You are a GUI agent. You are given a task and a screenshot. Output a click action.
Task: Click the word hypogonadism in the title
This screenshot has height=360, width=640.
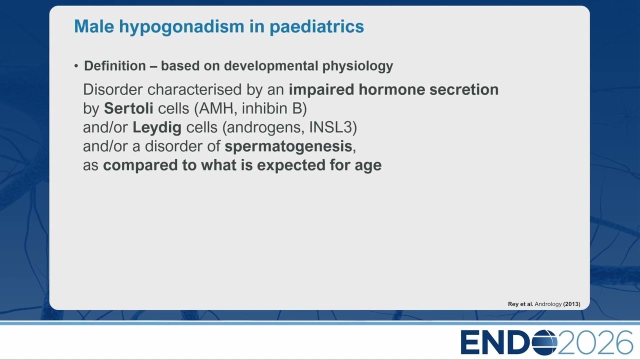coord(181,27)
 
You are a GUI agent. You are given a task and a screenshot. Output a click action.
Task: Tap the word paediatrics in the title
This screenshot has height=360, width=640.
coord(316,26)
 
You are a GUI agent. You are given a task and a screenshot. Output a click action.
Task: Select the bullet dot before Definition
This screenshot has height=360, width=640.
coord(76,66)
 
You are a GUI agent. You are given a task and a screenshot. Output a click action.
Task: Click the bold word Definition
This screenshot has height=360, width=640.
coord(115,65)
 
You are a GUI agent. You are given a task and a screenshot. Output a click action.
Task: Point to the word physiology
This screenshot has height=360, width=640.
coord(357,66)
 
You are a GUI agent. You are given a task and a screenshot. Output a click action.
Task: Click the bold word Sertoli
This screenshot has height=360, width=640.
coord(128,108)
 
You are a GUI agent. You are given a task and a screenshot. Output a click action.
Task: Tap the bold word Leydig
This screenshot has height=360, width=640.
coord(157,127)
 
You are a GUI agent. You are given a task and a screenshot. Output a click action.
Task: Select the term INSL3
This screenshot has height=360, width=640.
coord(331,127)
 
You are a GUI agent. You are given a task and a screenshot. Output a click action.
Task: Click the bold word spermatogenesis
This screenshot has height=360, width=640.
coord(288,147)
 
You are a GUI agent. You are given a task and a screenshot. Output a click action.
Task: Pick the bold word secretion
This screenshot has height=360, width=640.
coord(464,89)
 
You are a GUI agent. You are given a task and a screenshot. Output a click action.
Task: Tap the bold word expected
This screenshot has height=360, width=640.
coord(291,165)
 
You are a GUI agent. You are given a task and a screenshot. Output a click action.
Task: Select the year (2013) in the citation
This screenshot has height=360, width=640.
coord(571,304)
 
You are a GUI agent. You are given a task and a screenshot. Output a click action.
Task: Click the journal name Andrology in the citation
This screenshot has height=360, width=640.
coord(548,304)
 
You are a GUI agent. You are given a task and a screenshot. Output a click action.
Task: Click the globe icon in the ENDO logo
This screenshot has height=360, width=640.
coord(544,342)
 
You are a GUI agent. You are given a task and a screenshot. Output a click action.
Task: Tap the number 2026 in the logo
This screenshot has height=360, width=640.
coord(594,342)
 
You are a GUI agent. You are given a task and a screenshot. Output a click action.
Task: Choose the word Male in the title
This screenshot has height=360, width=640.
coord(94,26)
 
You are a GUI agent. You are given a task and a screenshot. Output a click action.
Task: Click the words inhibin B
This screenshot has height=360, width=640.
coord(274,108)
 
